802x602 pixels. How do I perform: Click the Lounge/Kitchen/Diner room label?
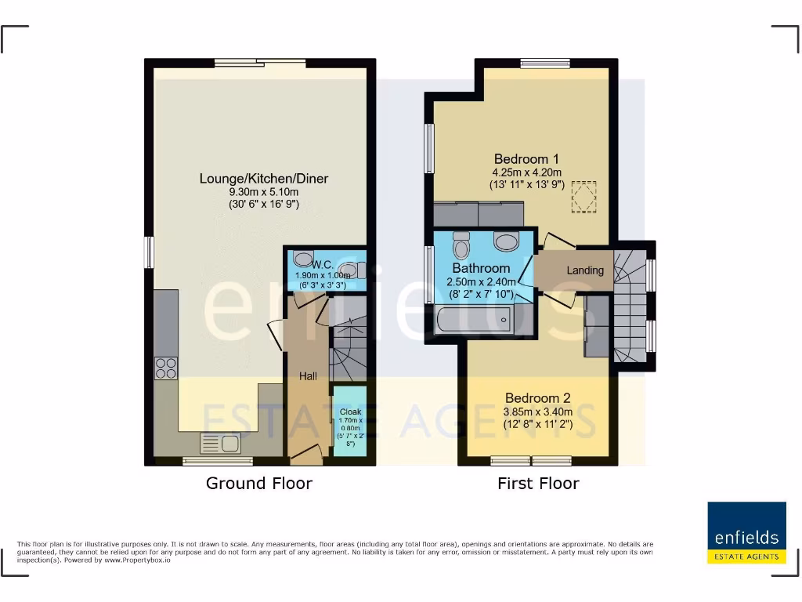[263, 179]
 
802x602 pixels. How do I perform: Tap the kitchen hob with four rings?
[165, 368]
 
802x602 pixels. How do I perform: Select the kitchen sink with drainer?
[220, 444]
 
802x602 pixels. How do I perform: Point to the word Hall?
[308, 376]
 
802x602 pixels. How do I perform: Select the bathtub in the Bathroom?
[474, 320]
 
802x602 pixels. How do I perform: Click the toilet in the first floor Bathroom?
[461, 245]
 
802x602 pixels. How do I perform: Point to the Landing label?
[585, 270]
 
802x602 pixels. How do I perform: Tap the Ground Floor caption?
[258, 483]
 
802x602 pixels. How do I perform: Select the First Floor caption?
[538, 483]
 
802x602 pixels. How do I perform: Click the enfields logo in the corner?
[746, 533]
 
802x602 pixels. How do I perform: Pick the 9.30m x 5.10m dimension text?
[263, 192]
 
